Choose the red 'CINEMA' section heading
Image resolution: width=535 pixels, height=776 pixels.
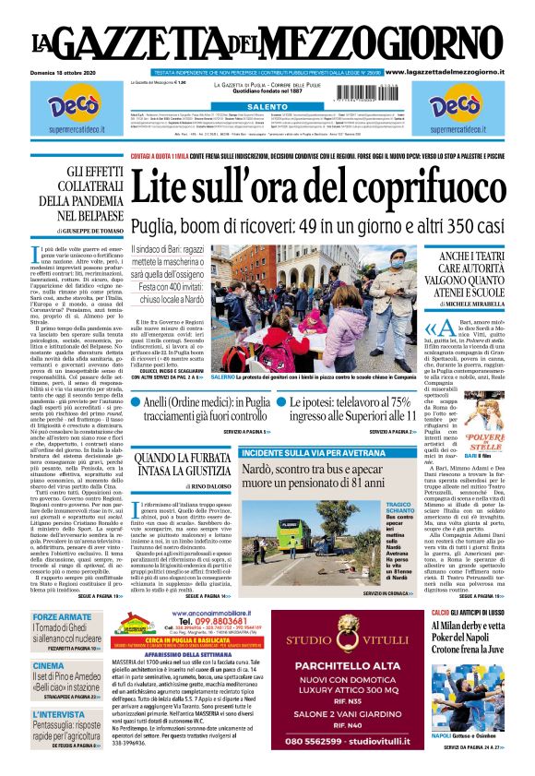pyautogui.click(x=49, y=665)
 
